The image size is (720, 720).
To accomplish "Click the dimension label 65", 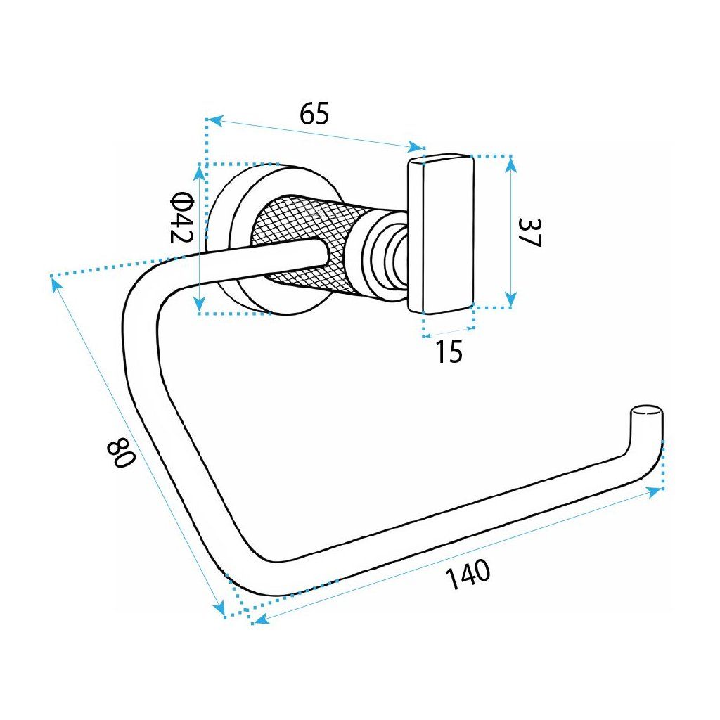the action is tap(314, 113).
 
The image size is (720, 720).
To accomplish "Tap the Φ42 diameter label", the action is tap(181, 217).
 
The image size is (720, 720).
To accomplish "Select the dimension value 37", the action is tap(529, 232).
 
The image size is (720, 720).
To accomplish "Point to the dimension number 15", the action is tap(449, 352).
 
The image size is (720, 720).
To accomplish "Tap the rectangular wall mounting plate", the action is tap(440, 232).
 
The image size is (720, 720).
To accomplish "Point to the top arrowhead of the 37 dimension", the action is tap(511, 164).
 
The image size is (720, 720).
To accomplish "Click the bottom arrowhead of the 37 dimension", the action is tap(511, 300).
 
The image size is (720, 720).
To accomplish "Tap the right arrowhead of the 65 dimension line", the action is tap(416, 147).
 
